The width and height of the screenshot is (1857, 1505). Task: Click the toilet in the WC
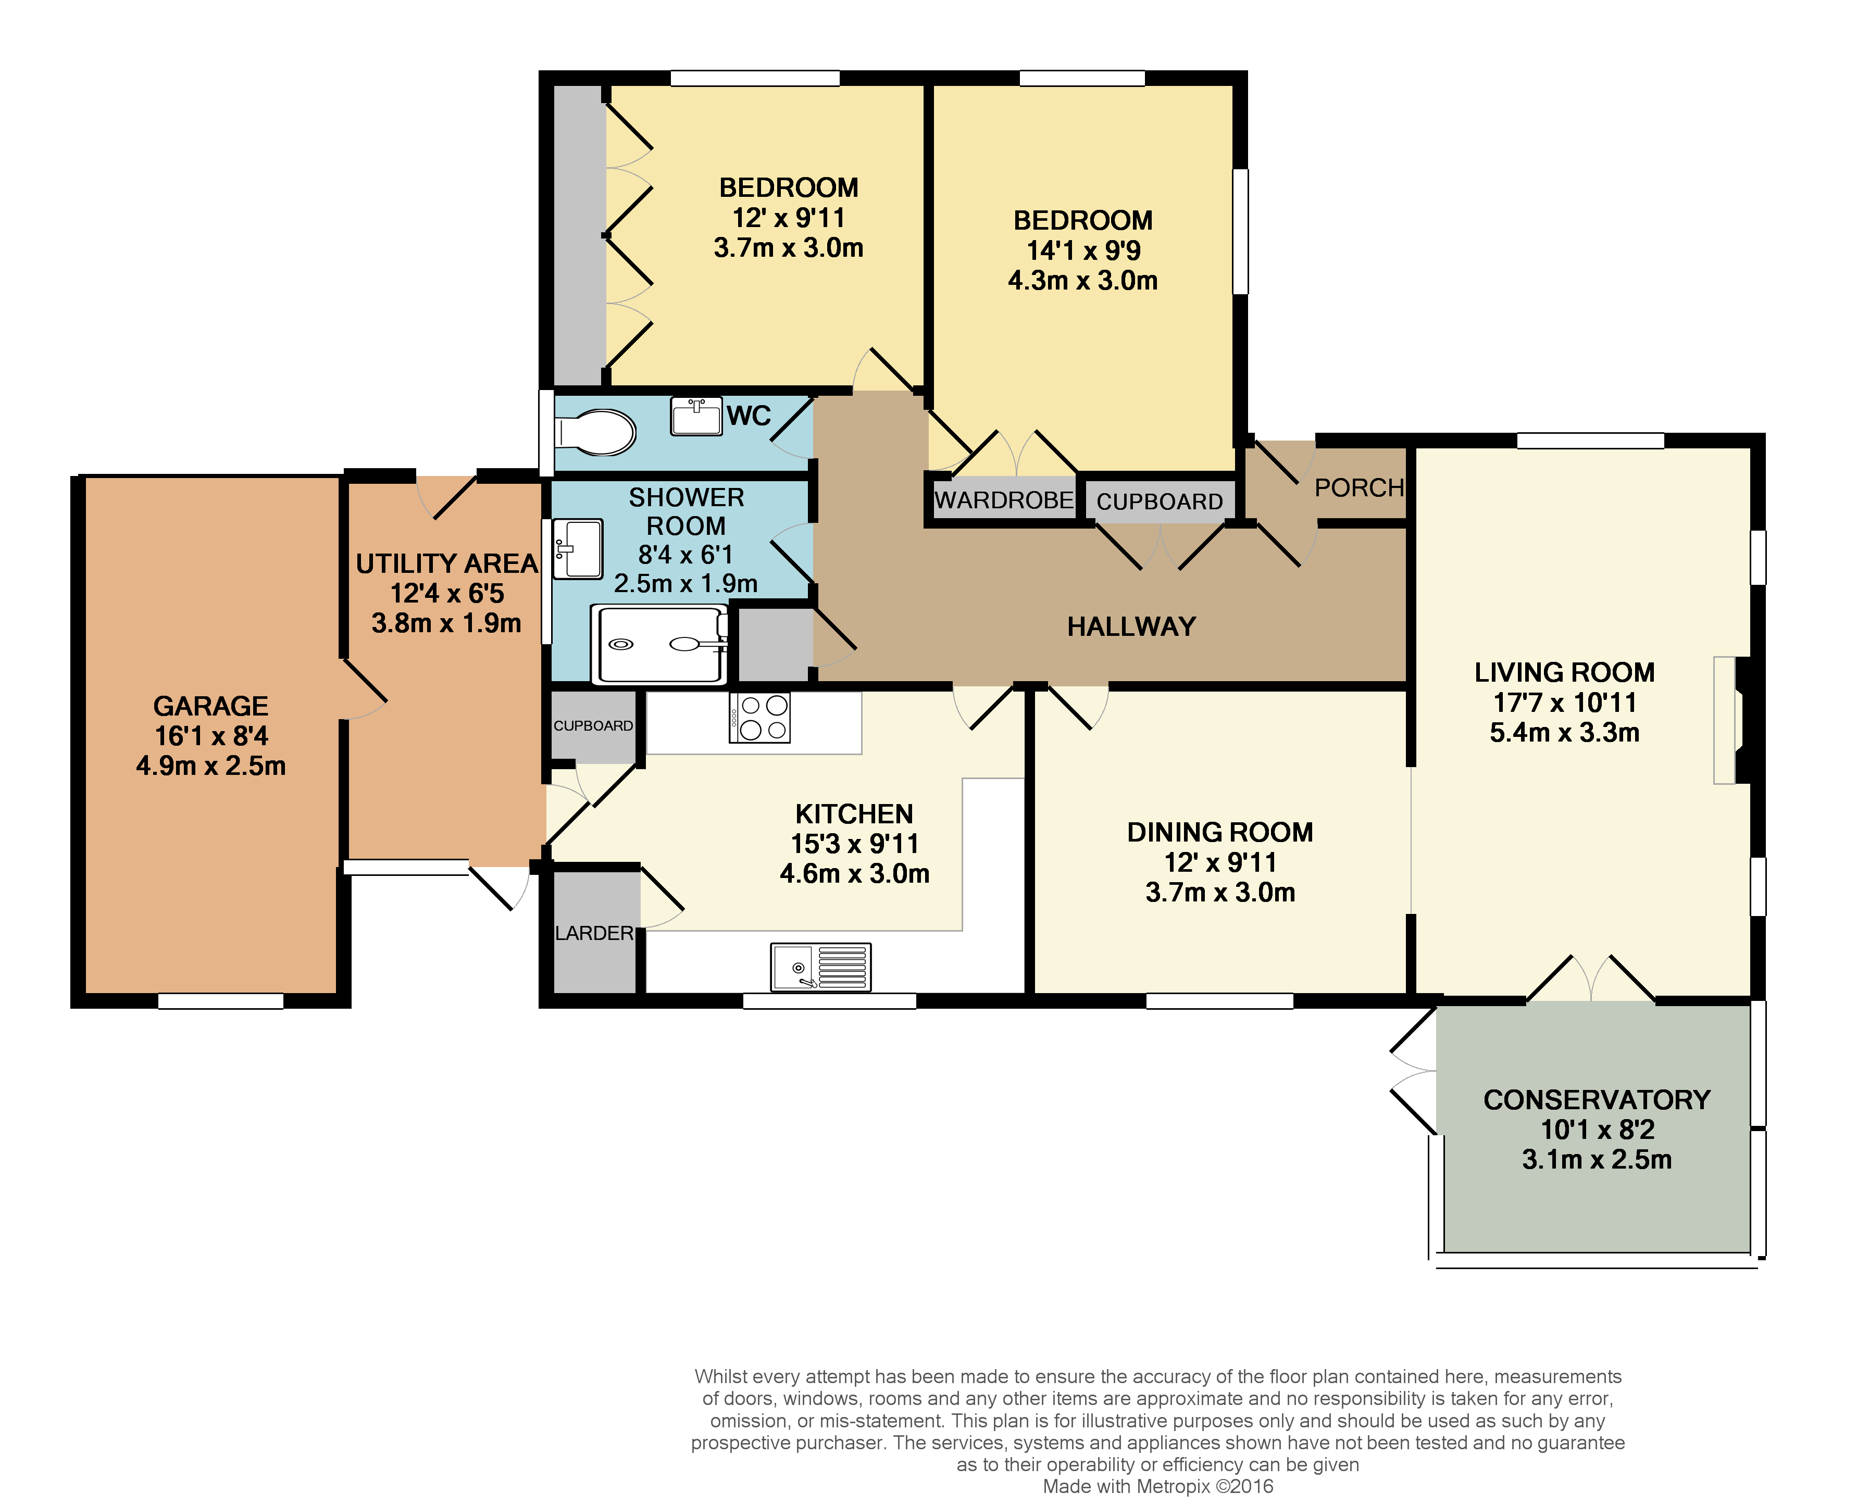[596, 432]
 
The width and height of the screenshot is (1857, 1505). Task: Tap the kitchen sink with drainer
[820, 967]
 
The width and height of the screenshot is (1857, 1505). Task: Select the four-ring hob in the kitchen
[759, 718]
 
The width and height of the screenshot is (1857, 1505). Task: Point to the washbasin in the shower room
[577, 548]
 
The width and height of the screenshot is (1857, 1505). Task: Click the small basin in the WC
[695, 416]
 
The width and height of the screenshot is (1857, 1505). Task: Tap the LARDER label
[594, 933]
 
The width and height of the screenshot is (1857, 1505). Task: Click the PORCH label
[1359, 487]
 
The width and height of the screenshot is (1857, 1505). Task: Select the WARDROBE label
[1003, 500]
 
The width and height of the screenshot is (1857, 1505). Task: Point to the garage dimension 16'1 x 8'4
[210, 736]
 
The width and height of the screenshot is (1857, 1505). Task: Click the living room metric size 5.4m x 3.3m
[1564, 733]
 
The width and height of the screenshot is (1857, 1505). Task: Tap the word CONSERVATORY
[1596, 1099]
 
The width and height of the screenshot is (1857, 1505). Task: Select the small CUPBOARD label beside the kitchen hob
[593, 725]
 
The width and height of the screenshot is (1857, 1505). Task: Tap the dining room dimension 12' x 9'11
[1220, 862]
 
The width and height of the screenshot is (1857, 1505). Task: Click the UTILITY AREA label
[446, 563]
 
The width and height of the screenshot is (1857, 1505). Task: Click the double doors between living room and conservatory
[1591, 980]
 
